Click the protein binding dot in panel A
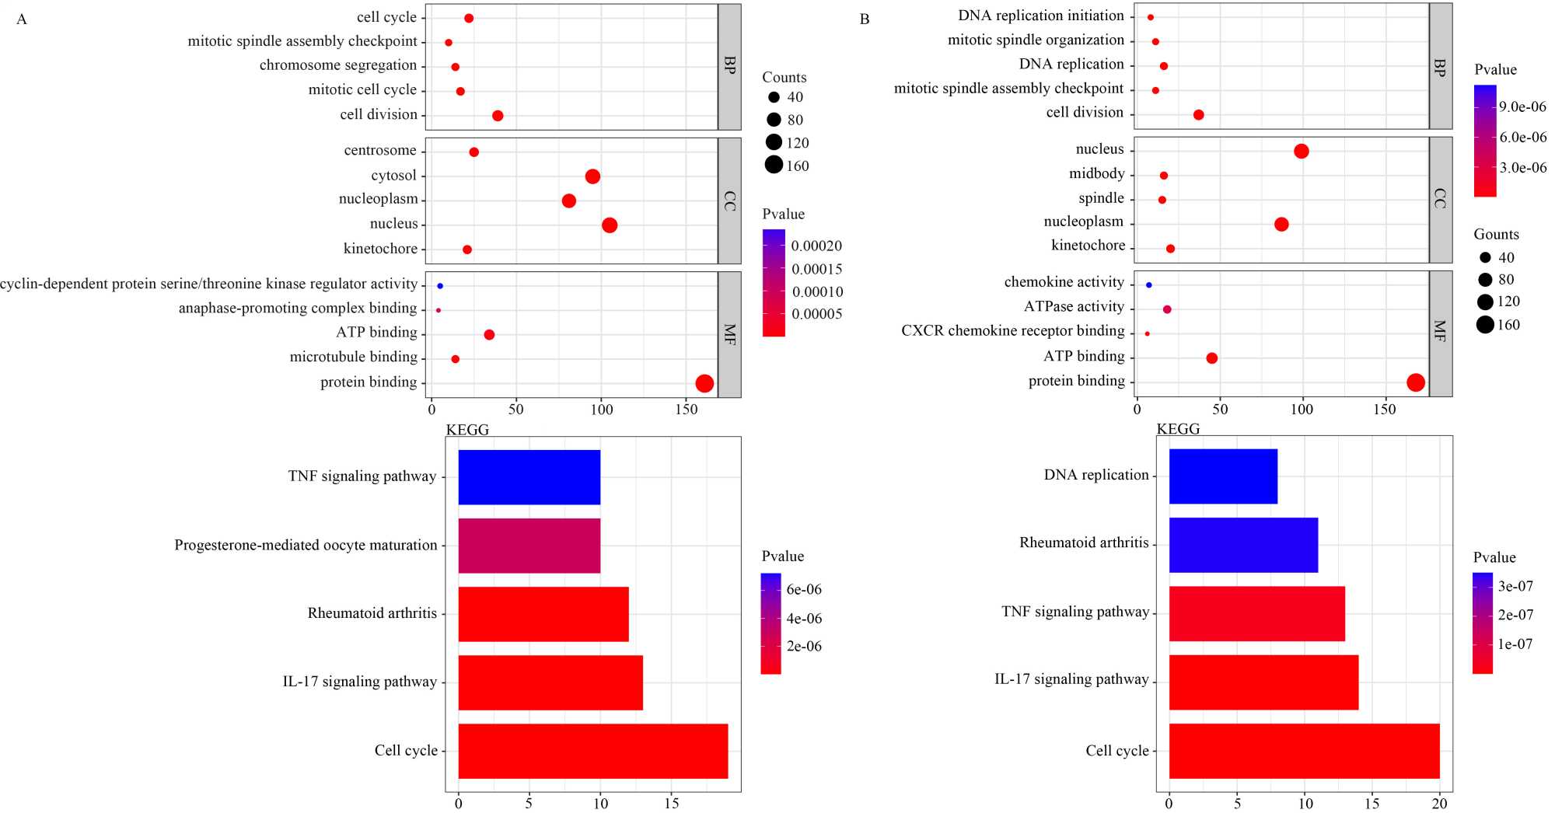coord(704,383)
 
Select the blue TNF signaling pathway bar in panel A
coord(529,477)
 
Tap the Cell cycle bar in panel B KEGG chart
coord(1304,751)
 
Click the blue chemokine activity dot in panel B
coord(1149,285)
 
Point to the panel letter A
coord(22,19)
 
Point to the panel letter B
coord(865,19)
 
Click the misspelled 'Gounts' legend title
coord(1496,235)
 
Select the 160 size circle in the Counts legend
coord(774,165)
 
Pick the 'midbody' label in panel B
coord(1096,174)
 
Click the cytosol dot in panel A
coord(592,176)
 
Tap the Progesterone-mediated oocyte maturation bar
coord(529,546)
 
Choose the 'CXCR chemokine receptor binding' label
coord(1012,331)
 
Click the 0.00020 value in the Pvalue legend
coord(816,246)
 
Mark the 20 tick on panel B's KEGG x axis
coord(1440,804)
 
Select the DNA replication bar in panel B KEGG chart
coord(1223,476)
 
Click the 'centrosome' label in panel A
coord(380,151)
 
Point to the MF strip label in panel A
coord(729,334)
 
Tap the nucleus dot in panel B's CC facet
coord(1302,151)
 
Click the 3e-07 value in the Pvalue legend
coord(1515,587)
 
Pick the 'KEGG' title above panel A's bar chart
coord(467,430)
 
